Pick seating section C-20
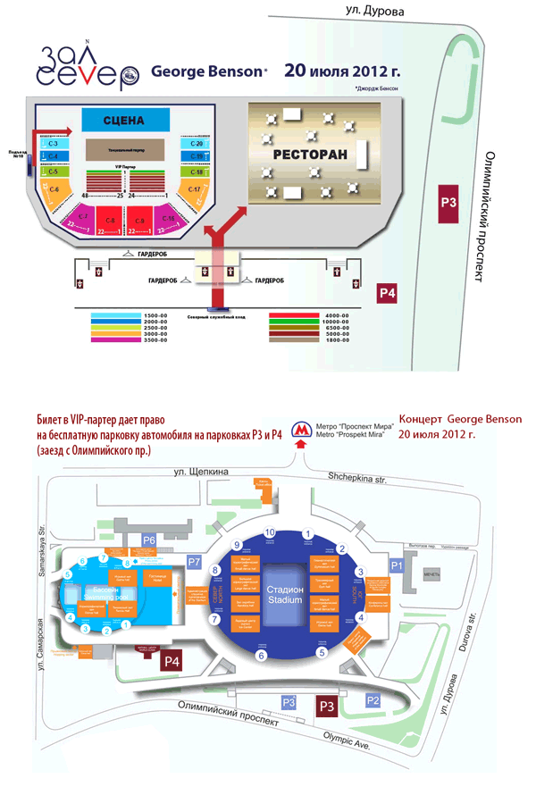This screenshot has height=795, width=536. pos(197,144)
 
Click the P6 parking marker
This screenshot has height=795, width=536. pos(149,540)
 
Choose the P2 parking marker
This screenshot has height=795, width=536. pos(373,702)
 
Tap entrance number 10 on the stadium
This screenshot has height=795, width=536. pos(270,532)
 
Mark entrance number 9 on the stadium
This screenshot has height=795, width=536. pos(237,545)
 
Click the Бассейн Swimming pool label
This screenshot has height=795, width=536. pos(105,594)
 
